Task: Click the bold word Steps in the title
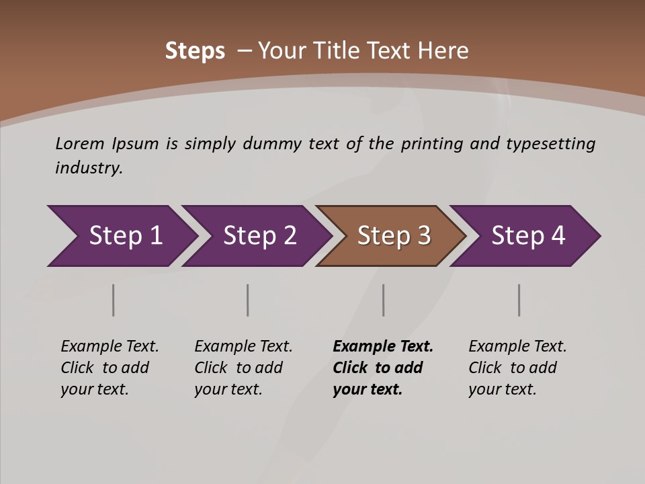click(x=195, y=51)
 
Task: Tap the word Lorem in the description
click(x=80, y=144)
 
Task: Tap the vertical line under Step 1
click(x=114, y=300)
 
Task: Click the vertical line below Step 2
click(x=248, y=300)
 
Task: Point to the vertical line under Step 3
click(x=384, y=300)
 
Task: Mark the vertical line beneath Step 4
click(x=519, y=300)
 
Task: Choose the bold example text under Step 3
click(x=382, y=368)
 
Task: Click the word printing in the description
click(x=431, y=144)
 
